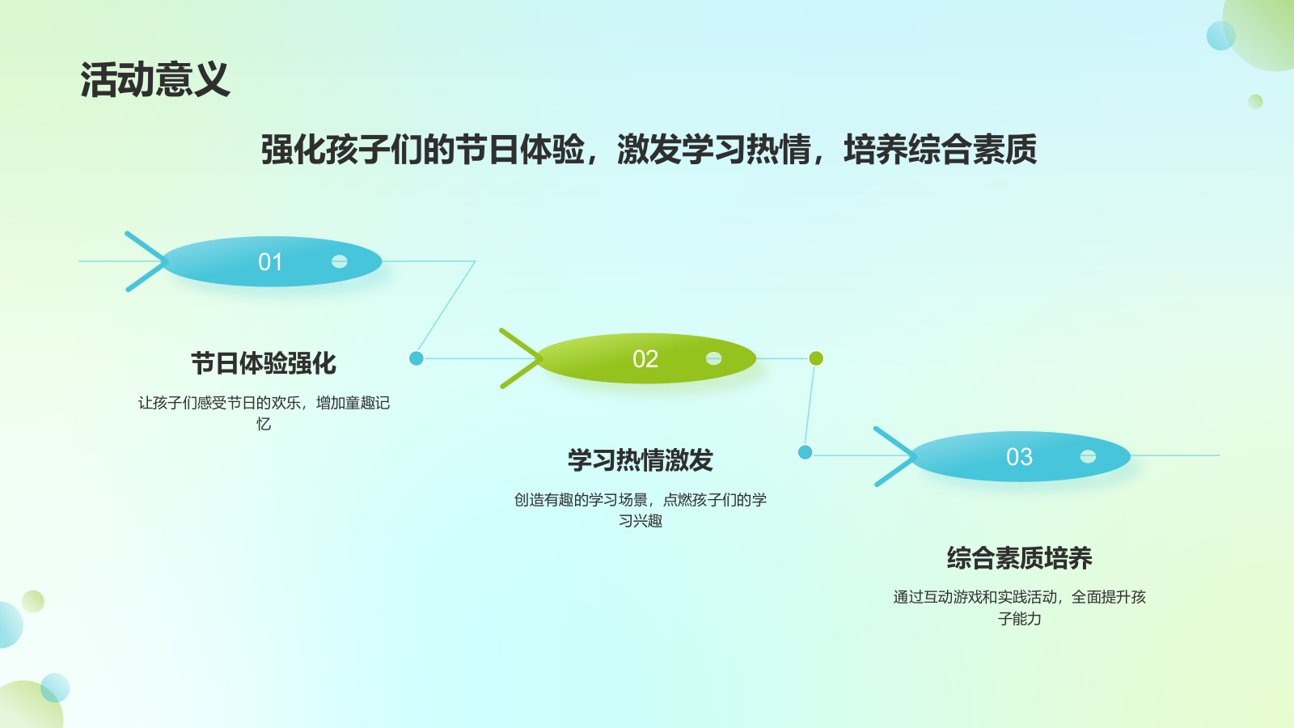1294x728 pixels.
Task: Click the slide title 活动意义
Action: point(154,80)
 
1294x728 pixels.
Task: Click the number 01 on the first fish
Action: point(270,262)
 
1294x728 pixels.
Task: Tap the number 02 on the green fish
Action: point(645,359)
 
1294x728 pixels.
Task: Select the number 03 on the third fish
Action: point(1019,457)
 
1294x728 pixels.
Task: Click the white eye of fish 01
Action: point(340,261)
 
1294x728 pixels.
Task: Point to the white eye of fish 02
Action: point(713,358)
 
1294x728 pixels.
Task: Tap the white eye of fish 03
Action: point(1088,456)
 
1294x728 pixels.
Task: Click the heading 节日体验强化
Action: point(264,363)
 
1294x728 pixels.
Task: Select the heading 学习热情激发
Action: point(640,460)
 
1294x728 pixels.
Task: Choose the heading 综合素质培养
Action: point(1019,558)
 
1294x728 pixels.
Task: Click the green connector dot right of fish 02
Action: point(816,358)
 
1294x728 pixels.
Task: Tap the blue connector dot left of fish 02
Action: point(417,358)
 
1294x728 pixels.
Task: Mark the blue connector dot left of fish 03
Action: point(805,452)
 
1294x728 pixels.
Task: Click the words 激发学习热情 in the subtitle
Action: point(713,150)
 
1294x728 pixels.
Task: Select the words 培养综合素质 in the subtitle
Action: point(940,150)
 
